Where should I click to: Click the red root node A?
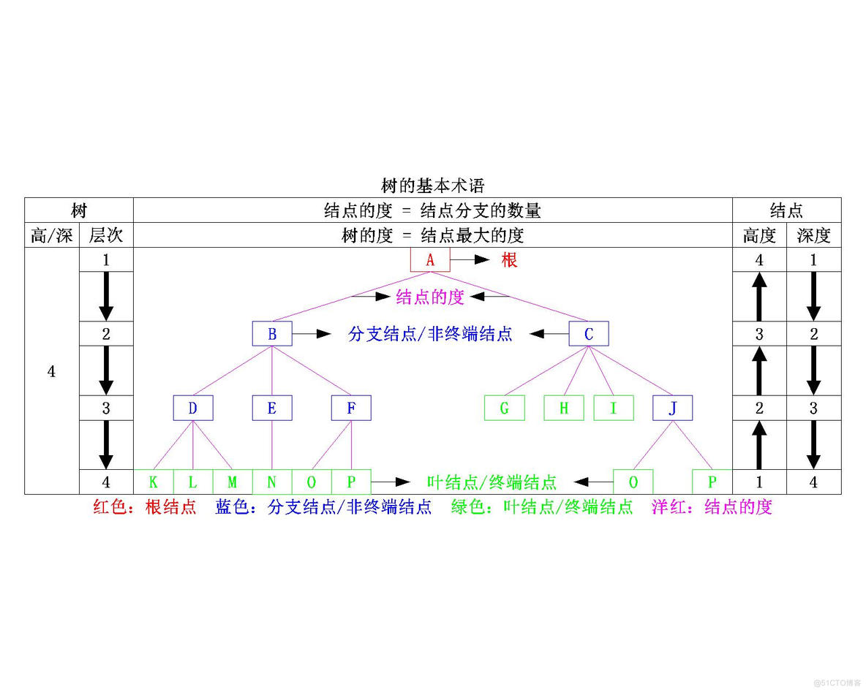(430, 260)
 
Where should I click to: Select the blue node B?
(272, 335)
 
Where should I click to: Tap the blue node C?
(589, 335)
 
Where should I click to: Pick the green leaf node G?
(504, 408)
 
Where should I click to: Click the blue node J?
(672, 408)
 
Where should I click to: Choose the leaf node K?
(154, 482)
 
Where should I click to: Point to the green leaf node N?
(272, 482)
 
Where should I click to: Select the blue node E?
(272, 408)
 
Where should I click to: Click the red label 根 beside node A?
(509, 260)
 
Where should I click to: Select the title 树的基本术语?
(433, 186)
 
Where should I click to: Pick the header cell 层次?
(106, 235)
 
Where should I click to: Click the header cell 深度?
(813, 235)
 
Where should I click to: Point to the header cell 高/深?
(52, 235)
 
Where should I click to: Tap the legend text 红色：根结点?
(145, 507)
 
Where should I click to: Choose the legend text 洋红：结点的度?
(712, 507)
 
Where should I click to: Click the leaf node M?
(233, 482)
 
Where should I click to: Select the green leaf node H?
(563, 408)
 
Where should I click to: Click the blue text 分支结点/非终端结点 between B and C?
(431, 335)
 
